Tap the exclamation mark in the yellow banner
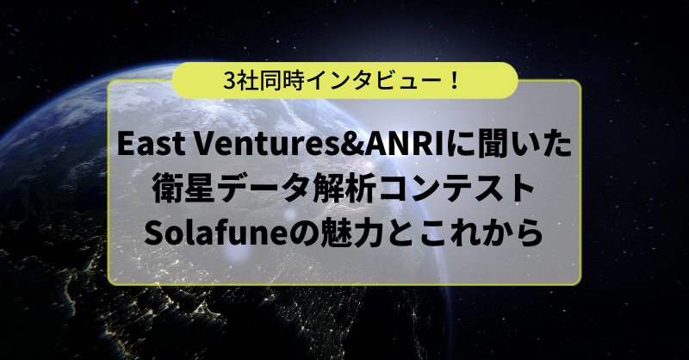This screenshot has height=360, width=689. (x=455, y=81)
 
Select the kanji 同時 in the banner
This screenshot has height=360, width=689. (x=282, y=81)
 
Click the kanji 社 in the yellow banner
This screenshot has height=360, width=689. (x=246, y=81)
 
